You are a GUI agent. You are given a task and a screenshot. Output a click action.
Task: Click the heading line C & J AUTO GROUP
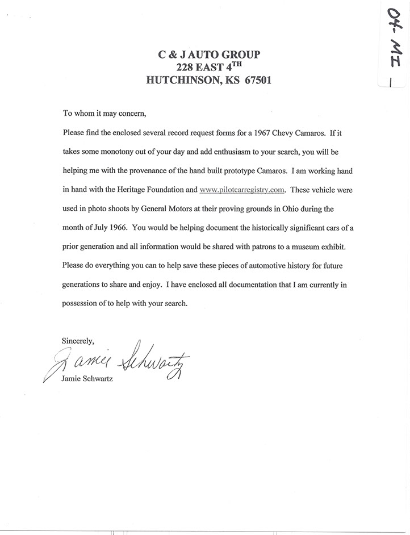(x=209, y=55)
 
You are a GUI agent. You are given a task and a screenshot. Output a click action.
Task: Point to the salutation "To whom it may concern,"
(x=104, y=113)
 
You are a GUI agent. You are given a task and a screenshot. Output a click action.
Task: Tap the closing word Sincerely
(x=77, y=341)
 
